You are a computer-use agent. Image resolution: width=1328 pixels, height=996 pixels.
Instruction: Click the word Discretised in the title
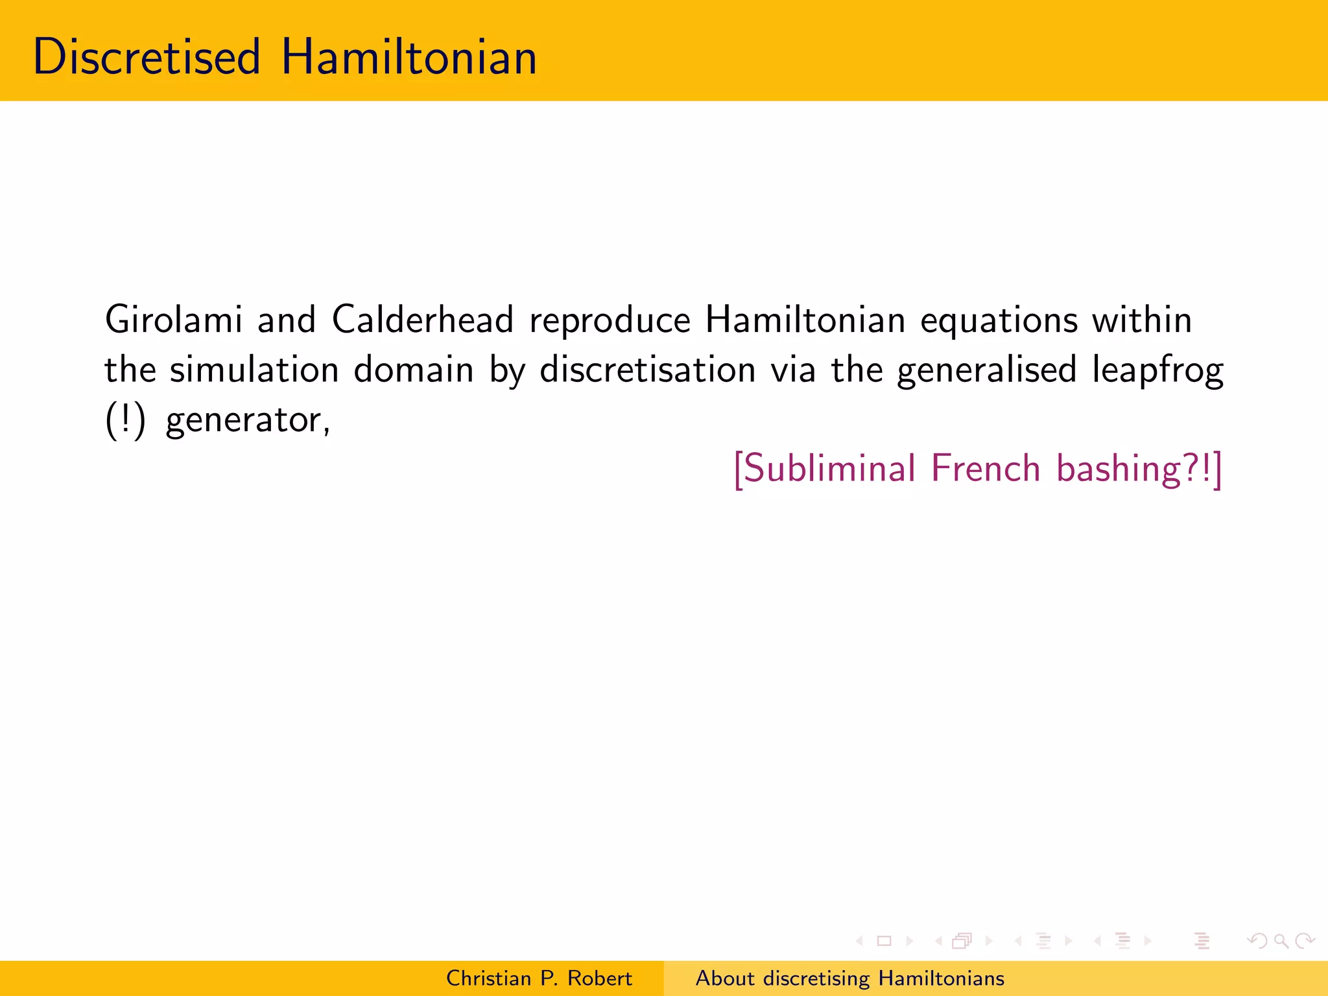click(147, 57)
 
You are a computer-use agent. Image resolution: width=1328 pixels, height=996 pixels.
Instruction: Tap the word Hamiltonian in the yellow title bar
click(409, 57)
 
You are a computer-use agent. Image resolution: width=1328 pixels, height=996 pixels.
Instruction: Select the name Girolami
click(173, 320)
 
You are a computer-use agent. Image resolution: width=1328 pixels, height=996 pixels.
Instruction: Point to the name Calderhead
click(423, 320)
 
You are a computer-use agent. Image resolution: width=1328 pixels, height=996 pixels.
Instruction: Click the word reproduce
click(610, 321)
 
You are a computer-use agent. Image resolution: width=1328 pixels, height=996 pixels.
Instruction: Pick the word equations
click(999, 321)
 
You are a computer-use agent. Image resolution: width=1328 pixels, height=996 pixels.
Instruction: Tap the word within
click(1142, 320)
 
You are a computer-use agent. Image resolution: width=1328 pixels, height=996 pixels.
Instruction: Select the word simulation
click(254, 370)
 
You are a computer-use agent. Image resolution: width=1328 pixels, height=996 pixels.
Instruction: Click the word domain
click(414, 370)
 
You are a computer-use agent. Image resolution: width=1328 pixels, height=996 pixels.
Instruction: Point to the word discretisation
click(648, 370)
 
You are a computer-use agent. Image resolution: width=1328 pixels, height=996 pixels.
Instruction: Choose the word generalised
click(986, 371)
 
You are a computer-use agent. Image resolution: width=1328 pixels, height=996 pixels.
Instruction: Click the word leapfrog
click(1157, 371)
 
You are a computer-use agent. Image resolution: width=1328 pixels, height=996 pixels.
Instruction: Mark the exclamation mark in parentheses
click(124, 420)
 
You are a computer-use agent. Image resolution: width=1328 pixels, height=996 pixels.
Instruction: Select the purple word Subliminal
click(825, 468)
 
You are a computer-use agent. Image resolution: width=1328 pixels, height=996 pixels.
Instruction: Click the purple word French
click(986, 468)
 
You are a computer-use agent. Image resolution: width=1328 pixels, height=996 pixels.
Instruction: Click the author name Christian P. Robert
click(539, 978)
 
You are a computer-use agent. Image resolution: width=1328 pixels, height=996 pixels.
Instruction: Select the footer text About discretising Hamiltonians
click(850, 978)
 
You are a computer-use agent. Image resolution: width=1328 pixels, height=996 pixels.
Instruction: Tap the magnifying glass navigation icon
click(1281, 940)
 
